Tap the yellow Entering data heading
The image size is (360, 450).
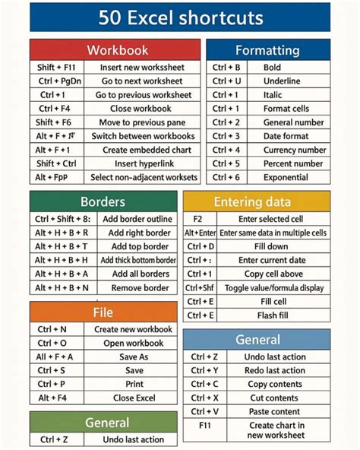257,201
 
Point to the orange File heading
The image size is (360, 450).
103,312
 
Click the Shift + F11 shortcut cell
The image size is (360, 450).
56,68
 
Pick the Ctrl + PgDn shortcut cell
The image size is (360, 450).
56,81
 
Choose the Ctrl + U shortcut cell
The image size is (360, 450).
226,81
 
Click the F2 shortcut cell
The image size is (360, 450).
198,219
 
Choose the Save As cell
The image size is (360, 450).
133,357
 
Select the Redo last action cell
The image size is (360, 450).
274,370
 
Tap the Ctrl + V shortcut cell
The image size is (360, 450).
204,411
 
